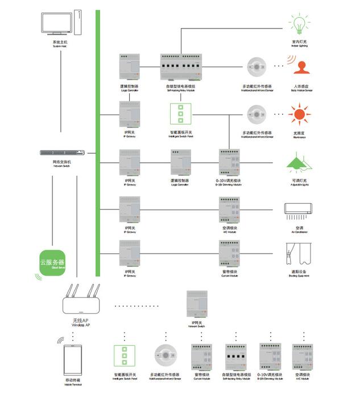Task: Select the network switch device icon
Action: (63, 153)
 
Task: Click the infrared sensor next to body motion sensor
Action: (257, 67)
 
